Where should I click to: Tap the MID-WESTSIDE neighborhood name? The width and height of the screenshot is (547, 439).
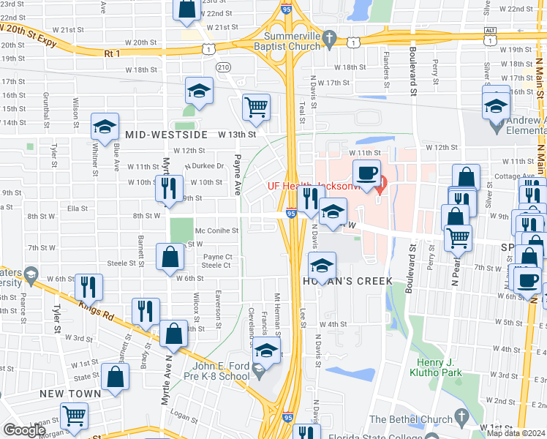[x=166, y=135]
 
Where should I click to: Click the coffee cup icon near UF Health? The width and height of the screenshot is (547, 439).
[x=366, y=175]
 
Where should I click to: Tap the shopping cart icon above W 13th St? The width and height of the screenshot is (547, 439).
[x=256, y=108]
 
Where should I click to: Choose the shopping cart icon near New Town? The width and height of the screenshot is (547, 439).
[x=74, y=416]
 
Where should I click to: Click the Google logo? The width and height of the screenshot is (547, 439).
[x=23, y=430]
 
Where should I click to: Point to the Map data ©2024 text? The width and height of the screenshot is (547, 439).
[x=516, y=433]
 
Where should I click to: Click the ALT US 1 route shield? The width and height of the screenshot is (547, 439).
[x=491, y=34]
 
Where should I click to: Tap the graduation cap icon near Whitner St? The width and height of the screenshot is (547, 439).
[x=105, y=127]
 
